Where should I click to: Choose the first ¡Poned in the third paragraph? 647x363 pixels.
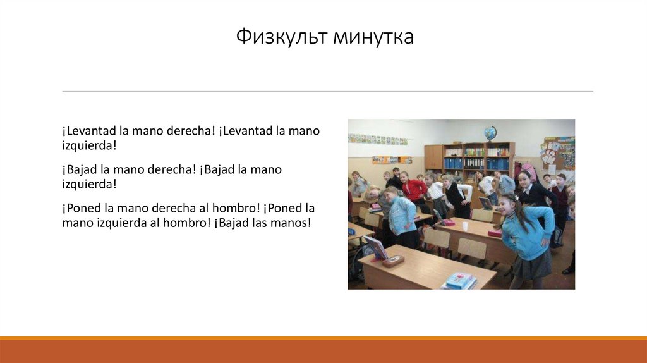(82, 208)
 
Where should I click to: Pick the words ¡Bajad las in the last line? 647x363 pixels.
(243, 223)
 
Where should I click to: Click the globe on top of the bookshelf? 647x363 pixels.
(490, 133)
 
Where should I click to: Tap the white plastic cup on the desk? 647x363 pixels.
(465, 226)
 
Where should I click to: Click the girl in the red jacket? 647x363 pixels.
(414, 189)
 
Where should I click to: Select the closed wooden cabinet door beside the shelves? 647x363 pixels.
(433, 157)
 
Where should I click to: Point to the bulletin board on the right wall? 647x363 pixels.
(559, 152)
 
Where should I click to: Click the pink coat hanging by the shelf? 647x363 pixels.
(528, 171)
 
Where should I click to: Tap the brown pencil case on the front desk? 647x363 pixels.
(393, 261)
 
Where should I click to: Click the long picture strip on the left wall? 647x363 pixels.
(377, 139)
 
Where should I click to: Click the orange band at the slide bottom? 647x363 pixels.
(323, 350)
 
